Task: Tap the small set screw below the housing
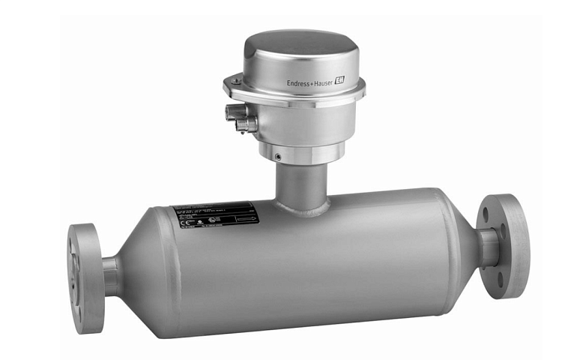[x=277, y=156]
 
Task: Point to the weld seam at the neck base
[x=300, y=209]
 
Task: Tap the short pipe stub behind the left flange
[x=110, y=274]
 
